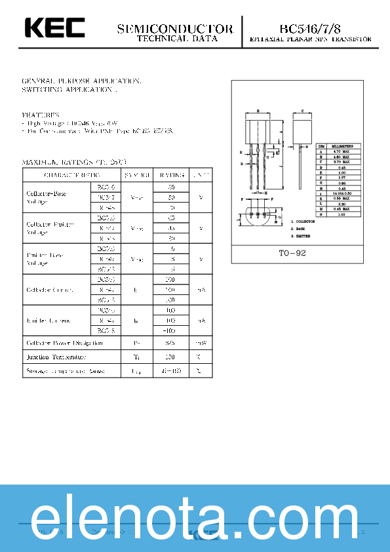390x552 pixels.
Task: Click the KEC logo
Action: [55, 28]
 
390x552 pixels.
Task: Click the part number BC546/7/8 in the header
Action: [310, 28]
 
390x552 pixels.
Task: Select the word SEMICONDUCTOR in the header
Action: [174, 29]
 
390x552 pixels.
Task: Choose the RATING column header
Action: [172, 175]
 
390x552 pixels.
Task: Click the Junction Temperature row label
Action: [56, 357]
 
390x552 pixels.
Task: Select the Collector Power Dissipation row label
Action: [64, 343]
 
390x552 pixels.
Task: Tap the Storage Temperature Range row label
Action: [65, 371]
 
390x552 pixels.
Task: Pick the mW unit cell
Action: [201, 343]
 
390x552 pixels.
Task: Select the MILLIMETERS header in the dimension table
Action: [341, 146]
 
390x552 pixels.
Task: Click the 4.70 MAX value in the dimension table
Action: [341, 151]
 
